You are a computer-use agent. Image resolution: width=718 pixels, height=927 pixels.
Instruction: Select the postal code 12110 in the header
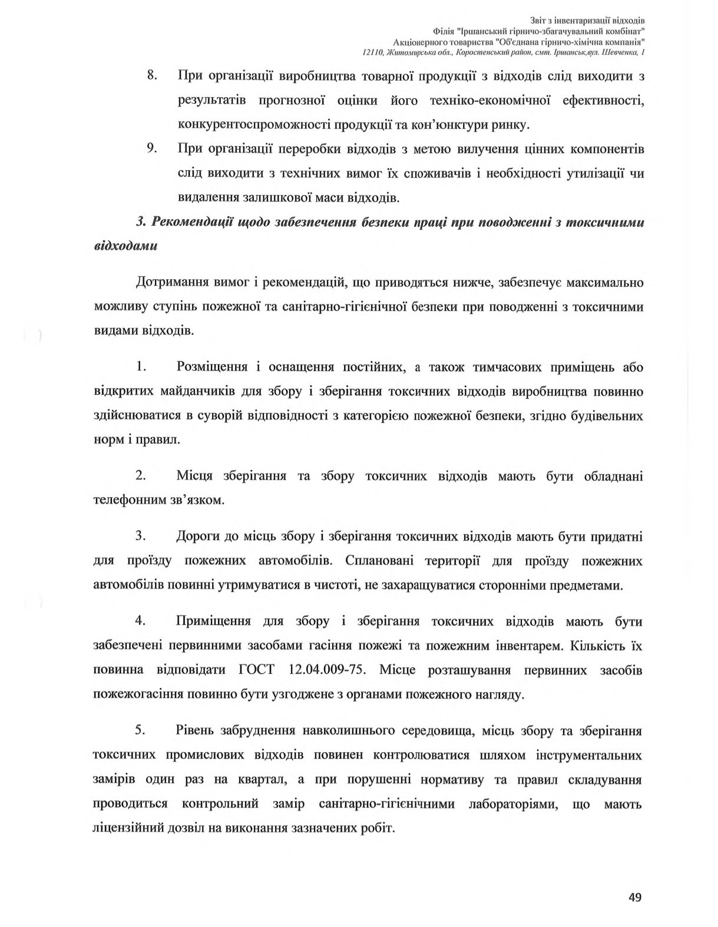pos(373,53)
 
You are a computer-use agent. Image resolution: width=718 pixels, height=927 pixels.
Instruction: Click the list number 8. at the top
pos(153,76)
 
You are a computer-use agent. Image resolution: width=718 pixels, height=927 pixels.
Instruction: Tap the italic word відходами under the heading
pos(125,246)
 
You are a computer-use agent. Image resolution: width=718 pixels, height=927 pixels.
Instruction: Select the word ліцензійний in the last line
pos(130,828)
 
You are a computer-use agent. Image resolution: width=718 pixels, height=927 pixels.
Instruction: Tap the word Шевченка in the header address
pos(621,53)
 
